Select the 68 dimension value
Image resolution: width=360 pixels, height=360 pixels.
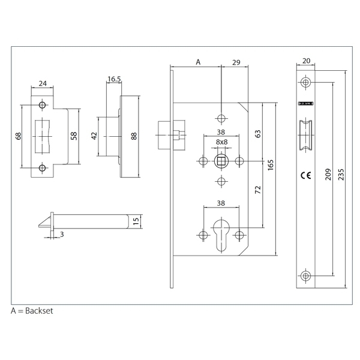19,136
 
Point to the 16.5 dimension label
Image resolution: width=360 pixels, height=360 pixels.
114,78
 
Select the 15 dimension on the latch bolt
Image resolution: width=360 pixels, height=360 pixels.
137,221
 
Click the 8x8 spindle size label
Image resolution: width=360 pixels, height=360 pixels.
221,142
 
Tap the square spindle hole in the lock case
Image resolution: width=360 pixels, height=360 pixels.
221,160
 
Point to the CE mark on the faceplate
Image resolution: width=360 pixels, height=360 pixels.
305,176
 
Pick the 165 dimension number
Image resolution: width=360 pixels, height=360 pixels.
271,164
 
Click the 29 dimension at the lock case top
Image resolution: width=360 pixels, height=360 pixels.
235,62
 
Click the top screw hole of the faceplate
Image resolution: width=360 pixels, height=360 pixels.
305,82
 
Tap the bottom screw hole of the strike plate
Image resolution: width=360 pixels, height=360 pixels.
42,167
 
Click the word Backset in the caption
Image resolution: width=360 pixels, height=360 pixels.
40,312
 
